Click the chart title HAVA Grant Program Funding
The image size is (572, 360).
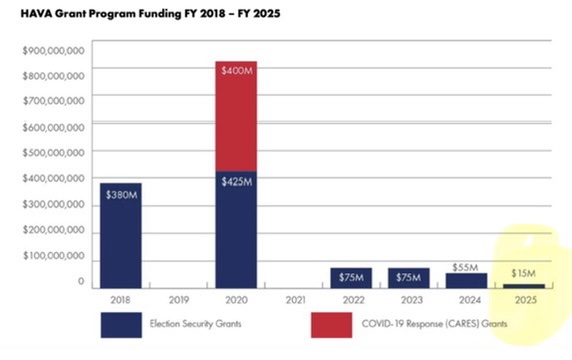[101, 14]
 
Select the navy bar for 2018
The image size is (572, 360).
[121, 236]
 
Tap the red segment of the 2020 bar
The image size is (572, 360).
[236, 116]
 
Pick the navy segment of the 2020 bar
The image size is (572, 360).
[236, 230]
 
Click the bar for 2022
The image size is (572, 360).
[351, 278]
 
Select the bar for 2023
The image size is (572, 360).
[409, 278]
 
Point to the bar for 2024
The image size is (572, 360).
[466, 281]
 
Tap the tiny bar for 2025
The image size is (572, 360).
[524, 286]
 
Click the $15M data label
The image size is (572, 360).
[523, 273]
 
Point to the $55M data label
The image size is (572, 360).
[465, 267]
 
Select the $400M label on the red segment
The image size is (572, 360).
[236, 70]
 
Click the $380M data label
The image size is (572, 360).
[121, 195]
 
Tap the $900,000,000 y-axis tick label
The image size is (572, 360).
[53, 51]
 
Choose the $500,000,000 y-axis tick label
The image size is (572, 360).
[53, 152]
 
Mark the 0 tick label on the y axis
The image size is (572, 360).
[81, 282]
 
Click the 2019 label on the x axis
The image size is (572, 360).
[179, 300]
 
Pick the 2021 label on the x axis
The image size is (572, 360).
[295, 300]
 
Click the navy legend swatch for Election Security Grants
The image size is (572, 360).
[121, 325]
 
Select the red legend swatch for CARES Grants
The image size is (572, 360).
[332, 325]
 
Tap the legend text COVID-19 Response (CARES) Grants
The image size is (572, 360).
[434, 324]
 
